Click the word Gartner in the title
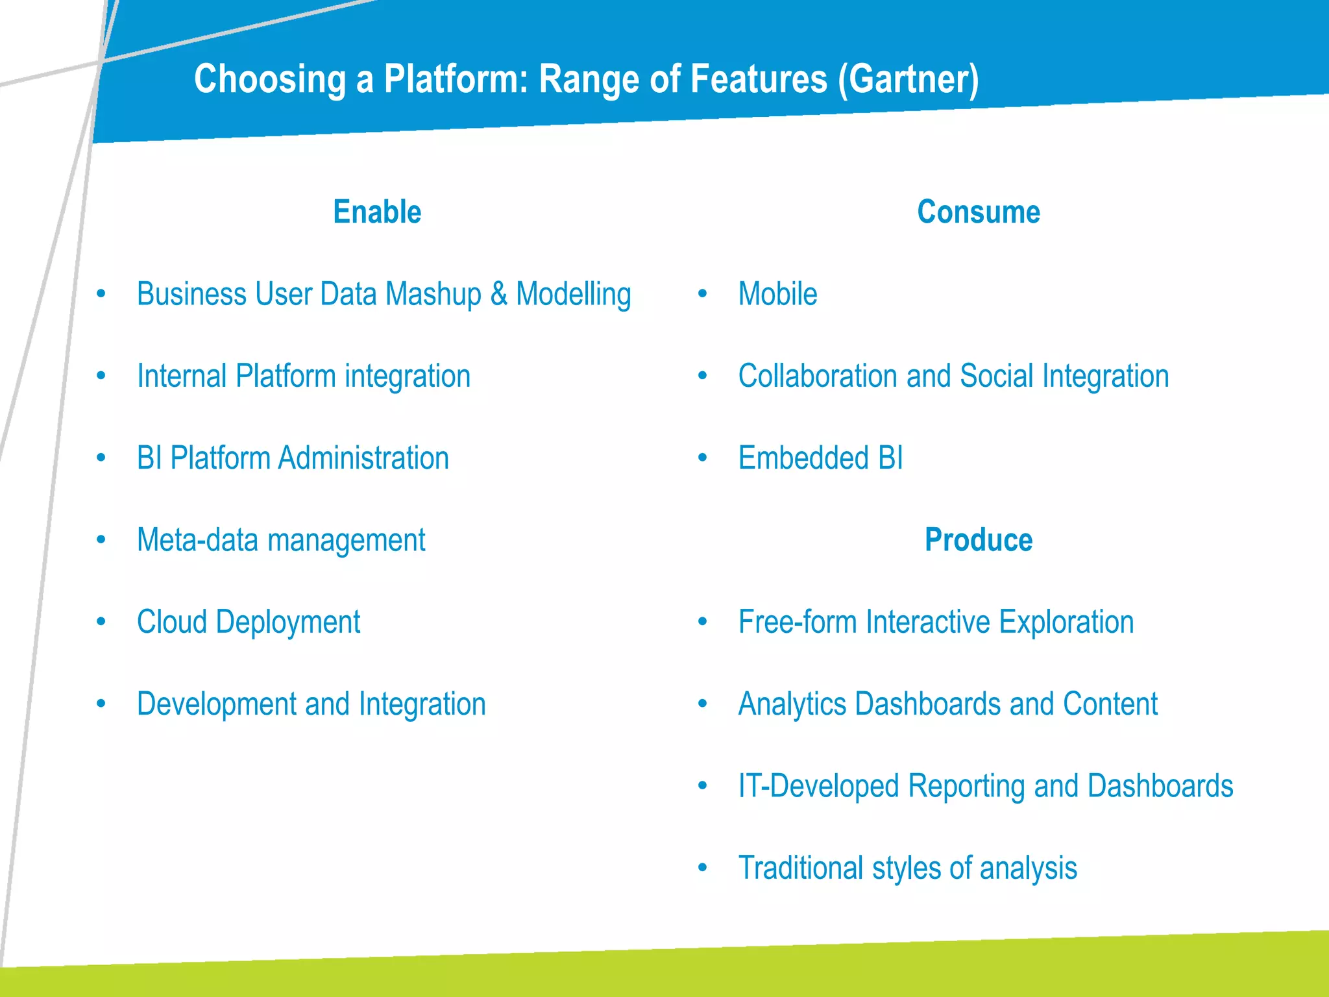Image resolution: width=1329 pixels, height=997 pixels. point(908,79)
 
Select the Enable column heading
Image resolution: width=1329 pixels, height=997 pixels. point(377,212)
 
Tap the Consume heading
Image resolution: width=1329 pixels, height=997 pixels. point(978,212)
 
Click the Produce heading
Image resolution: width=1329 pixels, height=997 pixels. point(978,540)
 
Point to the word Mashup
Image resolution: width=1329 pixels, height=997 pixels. point(433,295)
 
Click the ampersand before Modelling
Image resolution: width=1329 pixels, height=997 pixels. point(498,293)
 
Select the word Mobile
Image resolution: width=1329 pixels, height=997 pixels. point(777,294)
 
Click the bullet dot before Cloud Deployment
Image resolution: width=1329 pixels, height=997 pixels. point(101,622)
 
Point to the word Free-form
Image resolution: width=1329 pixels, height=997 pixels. point(798,622)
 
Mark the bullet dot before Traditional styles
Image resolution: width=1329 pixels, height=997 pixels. point(702,868)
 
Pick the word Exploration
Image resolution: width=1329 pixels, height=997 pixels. point(1066,622)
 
